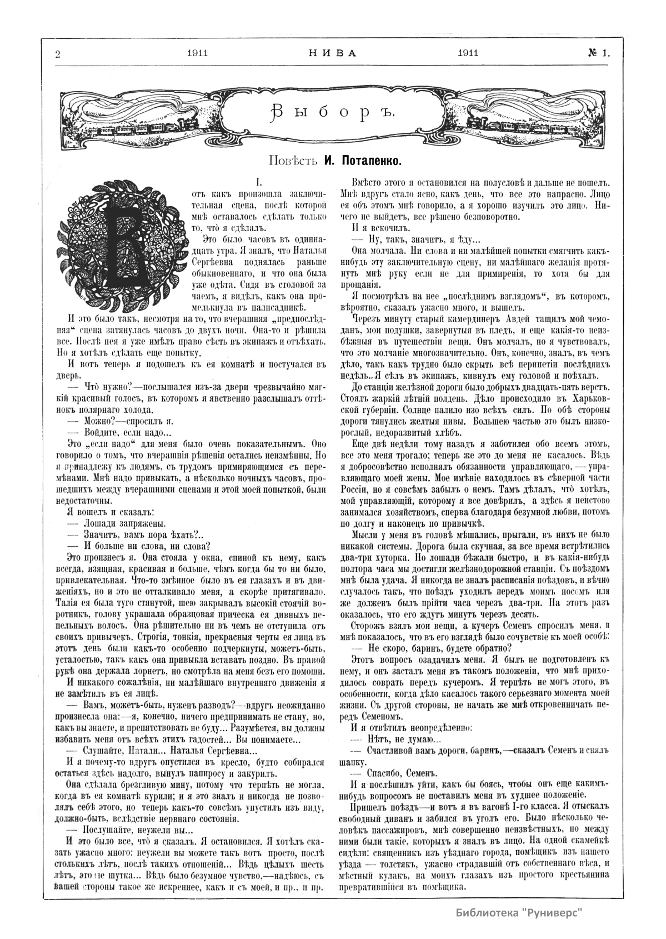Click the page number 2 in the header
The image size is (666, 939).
[57, 53]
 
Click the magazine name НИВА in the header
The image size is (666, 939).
[332, 53]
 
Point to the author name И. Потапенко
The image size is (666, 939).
[362, 162]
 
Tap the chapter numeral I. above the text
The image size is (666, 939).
[258, 182]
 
